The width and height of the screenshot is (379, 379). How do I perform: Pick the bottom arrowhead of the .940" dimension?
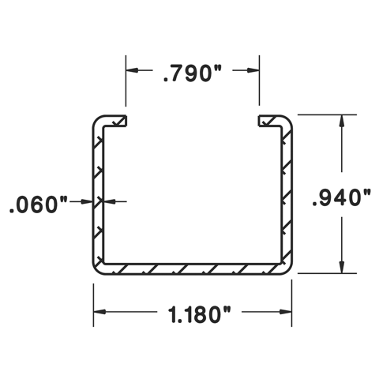[341, 267]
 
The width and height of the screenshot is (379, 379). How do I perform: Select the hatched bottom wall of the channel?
[193, 268]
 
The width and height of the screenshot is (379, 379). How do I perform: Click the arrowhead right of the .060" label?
[88, 202]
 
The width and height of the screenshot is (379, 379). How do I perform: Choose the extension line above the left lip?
[126, 83]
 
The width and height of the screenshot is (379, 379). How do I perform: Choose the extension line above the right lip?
[260, 83]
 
